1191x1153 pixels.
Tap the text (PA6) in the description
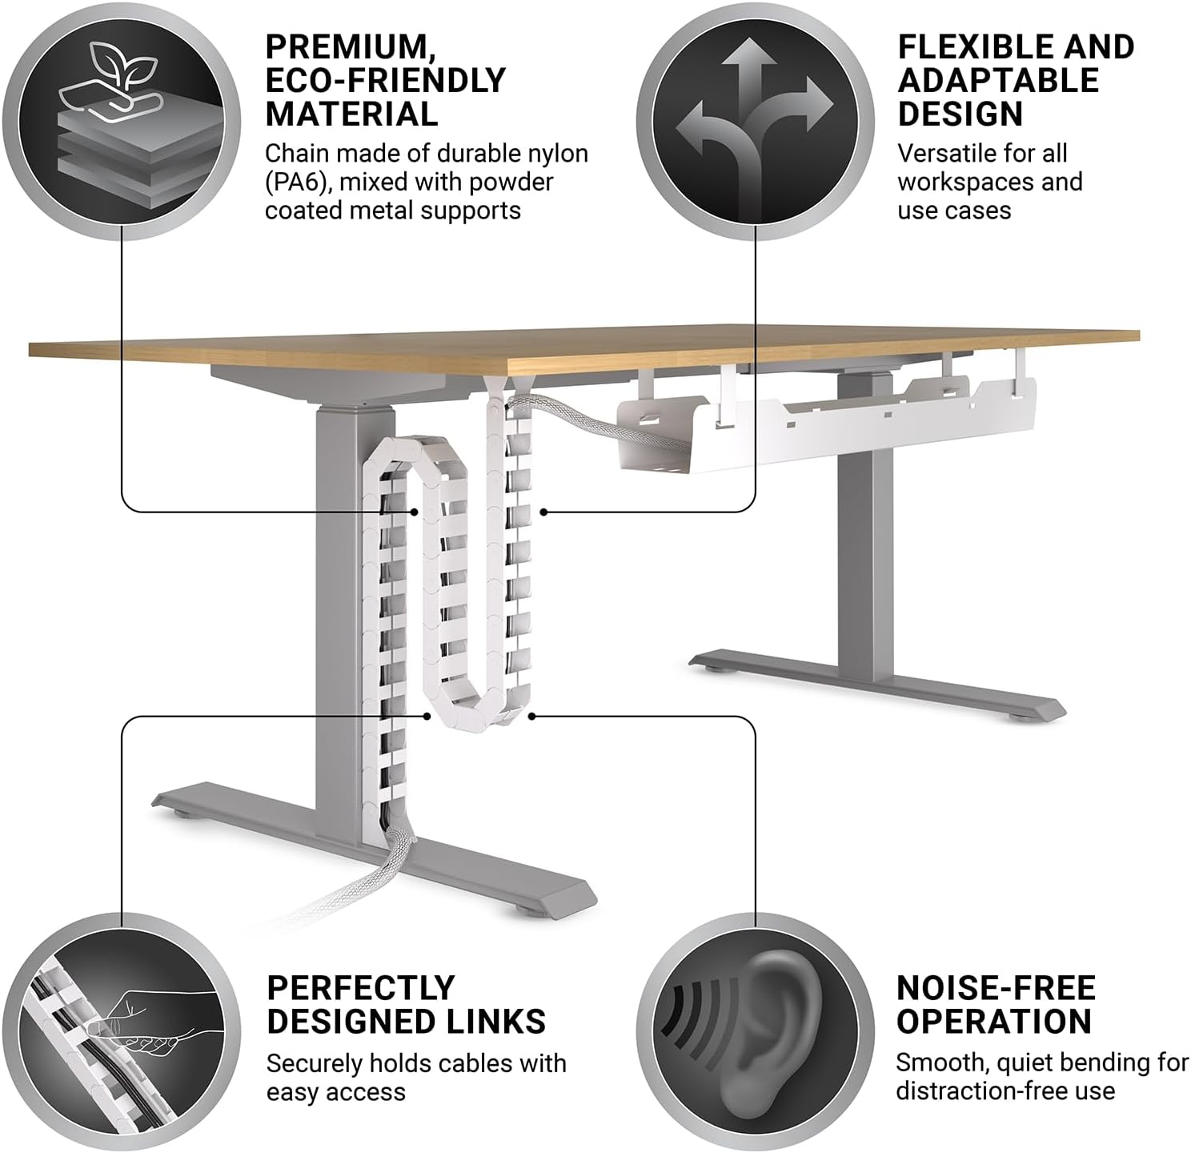tap(297, 183)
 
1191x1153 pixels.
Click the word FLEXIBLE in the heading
tap(968, 47)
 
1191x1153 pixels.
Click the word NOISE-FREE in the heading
tap(996, 988)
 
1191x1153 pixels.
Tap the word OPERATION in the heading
tap(993, 1022)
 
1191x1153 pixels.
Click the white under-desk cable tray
tap(824, 428)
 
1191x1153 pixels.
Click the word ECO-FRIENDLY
tap(385, 81)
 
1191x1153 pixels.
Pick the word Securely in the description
tap(313, 1063)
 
